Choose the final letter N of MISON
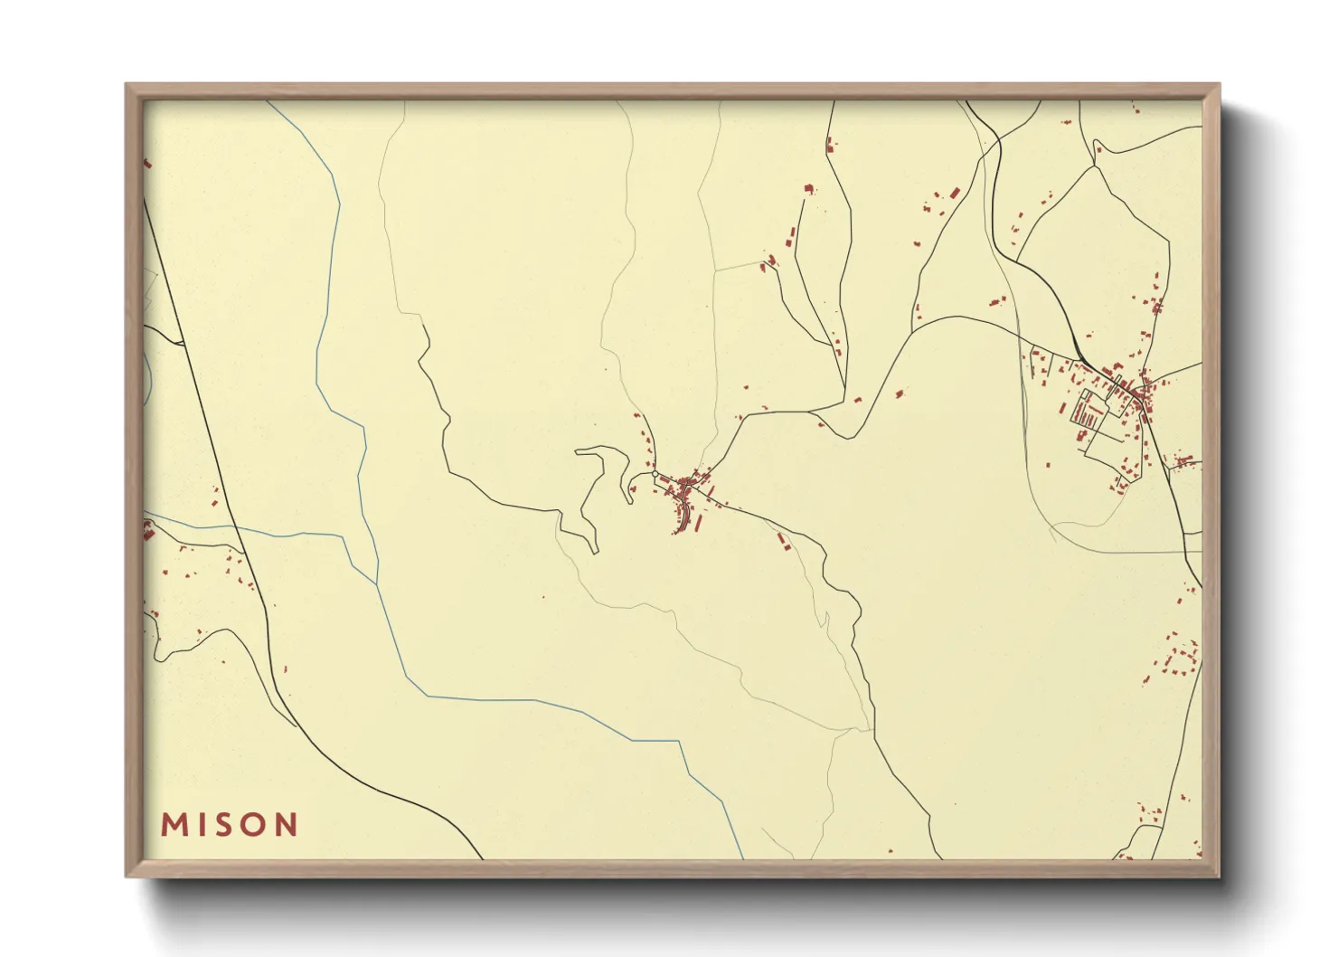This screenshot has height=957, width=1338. coord(287,825)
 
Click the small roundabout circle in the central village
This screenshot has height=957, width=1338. coord(655,473)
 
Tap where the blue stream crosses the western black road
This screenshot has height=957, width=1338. coord(240,530)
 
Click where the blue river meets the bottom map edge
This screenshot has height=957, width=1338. coord(743,858)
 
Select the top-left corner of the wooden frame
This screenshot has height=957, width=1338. coord(127,85)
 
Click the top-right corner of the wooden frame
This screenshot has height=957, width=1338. coord(1219,85)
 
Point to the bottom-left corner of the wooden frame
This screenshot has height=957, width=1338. coord(127,876)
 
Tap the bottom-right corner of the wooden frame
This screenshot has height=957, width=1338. coord(1219,876)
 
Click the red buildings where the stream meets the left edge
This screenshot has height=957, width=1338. coord(147,530)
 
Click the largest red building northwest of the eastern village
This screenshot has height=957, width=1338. coord(953,193)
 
